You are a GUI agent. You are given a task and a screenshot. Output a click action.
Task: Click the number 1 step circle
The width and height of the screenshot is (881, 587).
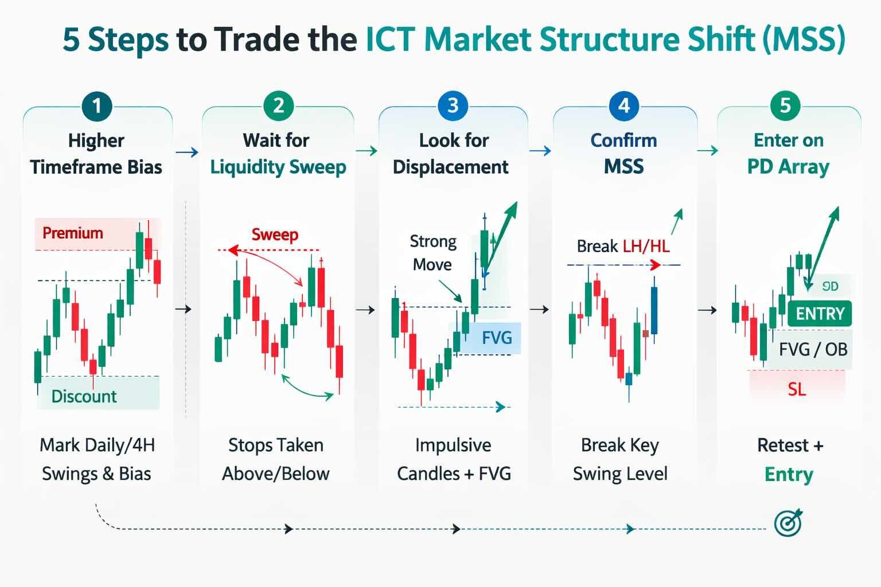97,105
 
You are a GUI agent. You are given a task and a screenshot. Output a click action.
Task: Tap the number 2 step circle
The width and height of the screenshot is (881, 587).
278,105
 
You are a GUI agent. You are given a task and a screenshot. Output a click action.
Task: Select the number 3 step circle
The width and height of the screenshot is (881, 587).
453,105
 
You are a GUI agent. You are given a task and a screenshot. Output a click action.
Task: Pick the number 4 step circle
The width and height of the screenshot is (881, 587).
624,105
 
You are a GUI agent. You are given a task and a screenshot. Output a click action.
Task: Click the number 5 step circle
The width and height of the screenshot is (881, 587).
785,105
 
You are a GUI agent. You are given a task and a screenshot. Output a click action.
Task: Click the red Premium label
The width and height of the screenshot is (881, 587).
73,233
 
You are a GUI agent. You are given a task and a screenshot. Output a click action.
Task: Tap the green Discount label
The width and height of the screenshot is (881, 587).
84,396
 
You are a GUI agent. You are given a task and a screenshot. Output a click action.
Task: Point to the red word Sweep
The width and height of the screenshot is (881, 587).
275,234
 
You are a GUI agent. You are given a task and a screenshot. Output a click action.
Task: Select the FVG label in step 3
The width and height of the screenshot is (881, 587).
497,337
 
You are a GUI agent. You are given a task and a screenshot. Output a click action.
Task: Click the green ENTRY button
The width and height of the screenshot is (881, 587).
820,314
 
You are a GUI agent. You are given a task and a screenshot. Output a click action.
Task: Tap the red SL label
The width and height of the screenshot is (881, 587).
797,389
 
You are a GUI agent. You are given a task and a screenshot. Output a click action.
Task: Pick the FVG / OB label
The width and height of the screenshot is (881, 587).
813,349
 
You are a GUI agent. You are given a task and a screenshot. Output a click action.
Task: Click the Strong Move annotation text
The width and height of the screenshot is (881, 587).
433,253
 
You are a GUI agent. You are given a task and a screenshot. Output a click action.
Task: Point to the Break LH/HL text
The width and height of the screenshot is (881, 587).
623,246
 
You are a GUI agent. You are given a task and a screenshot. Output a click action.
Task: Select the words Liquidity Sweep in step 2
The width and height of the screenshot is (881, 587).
278,167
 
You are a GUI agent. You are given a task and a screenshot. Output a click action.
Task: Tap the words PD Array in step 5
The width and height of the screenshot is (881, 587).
788,167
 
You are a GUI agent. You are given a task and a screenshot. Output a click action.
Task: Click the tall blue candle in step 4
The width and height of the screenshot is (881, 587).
654,310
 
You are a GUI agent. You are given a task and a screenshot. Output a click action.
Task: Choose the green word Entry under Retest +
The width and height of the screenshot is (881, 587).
789,474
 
